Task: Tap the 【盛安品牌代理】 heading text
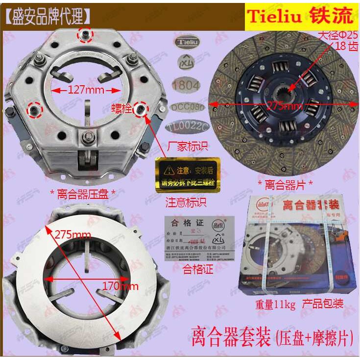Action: pos(48,16)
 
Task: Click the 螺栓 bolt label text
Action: pos(123,108)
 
